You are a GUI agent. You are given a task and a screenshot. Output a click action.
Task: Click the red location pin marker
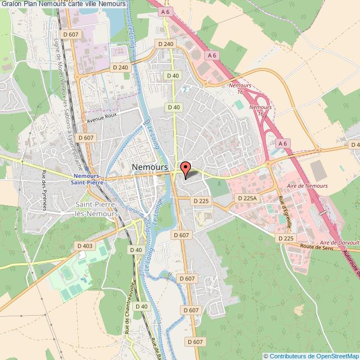(x=186, y=168)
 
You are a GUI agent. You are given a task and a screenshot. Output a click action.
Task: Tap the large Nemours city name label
(x=151, y=167)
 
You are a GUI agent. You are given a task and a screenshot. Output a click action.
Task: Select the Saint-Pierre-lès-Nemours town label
(x=96, y=209)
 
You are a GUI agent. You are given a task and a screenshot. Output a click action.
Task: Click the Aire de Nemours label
(x=307, y=186)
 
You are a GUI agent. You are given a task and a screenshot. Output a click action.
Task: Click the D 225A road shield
(x=247, y=198)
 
